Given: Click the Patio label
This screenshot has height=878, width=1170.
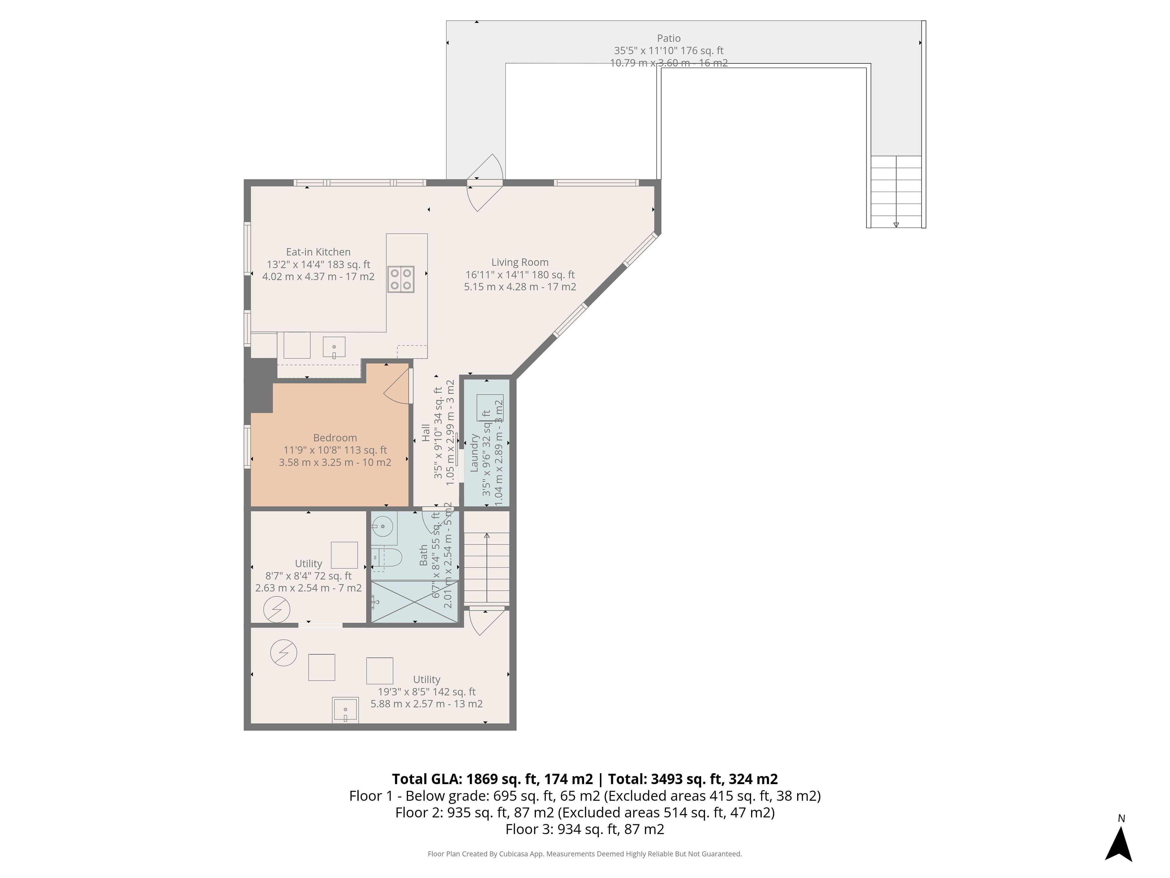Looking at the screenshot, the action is [668, 38].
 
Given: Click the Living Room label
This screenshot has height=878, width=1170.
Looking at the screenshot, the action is [520, 262].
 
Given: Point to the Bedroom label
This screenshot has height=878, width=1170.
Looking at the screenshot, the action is [335, 438].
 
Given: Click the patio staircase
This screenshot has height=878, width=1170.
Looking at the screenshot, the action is [896, 191].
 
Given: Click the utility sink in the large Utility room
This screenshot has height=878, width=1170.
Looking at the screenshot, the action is [346, 710].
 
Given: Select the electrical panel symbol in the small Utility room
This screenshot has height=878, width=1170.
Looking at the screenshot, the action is [277, 610].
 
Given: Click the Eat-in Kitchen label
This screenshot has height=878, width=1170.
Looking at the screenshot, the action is [318, 252].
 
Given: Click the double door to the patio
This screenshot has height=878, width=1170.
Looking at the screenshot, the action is [484, 183].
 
